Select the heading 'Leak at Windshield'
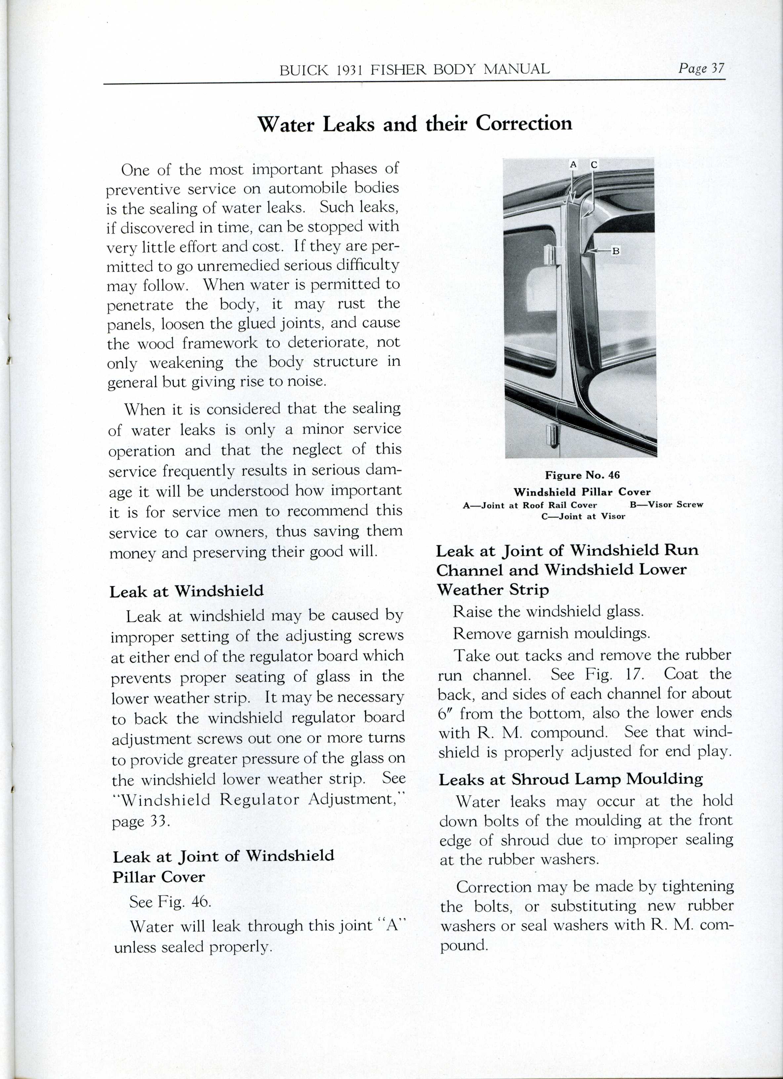click(186, 591)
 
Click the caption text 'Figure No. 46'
click(582, 475)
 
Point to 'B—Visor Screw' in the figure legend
click(666, 505)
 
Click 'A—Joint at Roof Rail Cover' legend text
click(529, 505)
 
